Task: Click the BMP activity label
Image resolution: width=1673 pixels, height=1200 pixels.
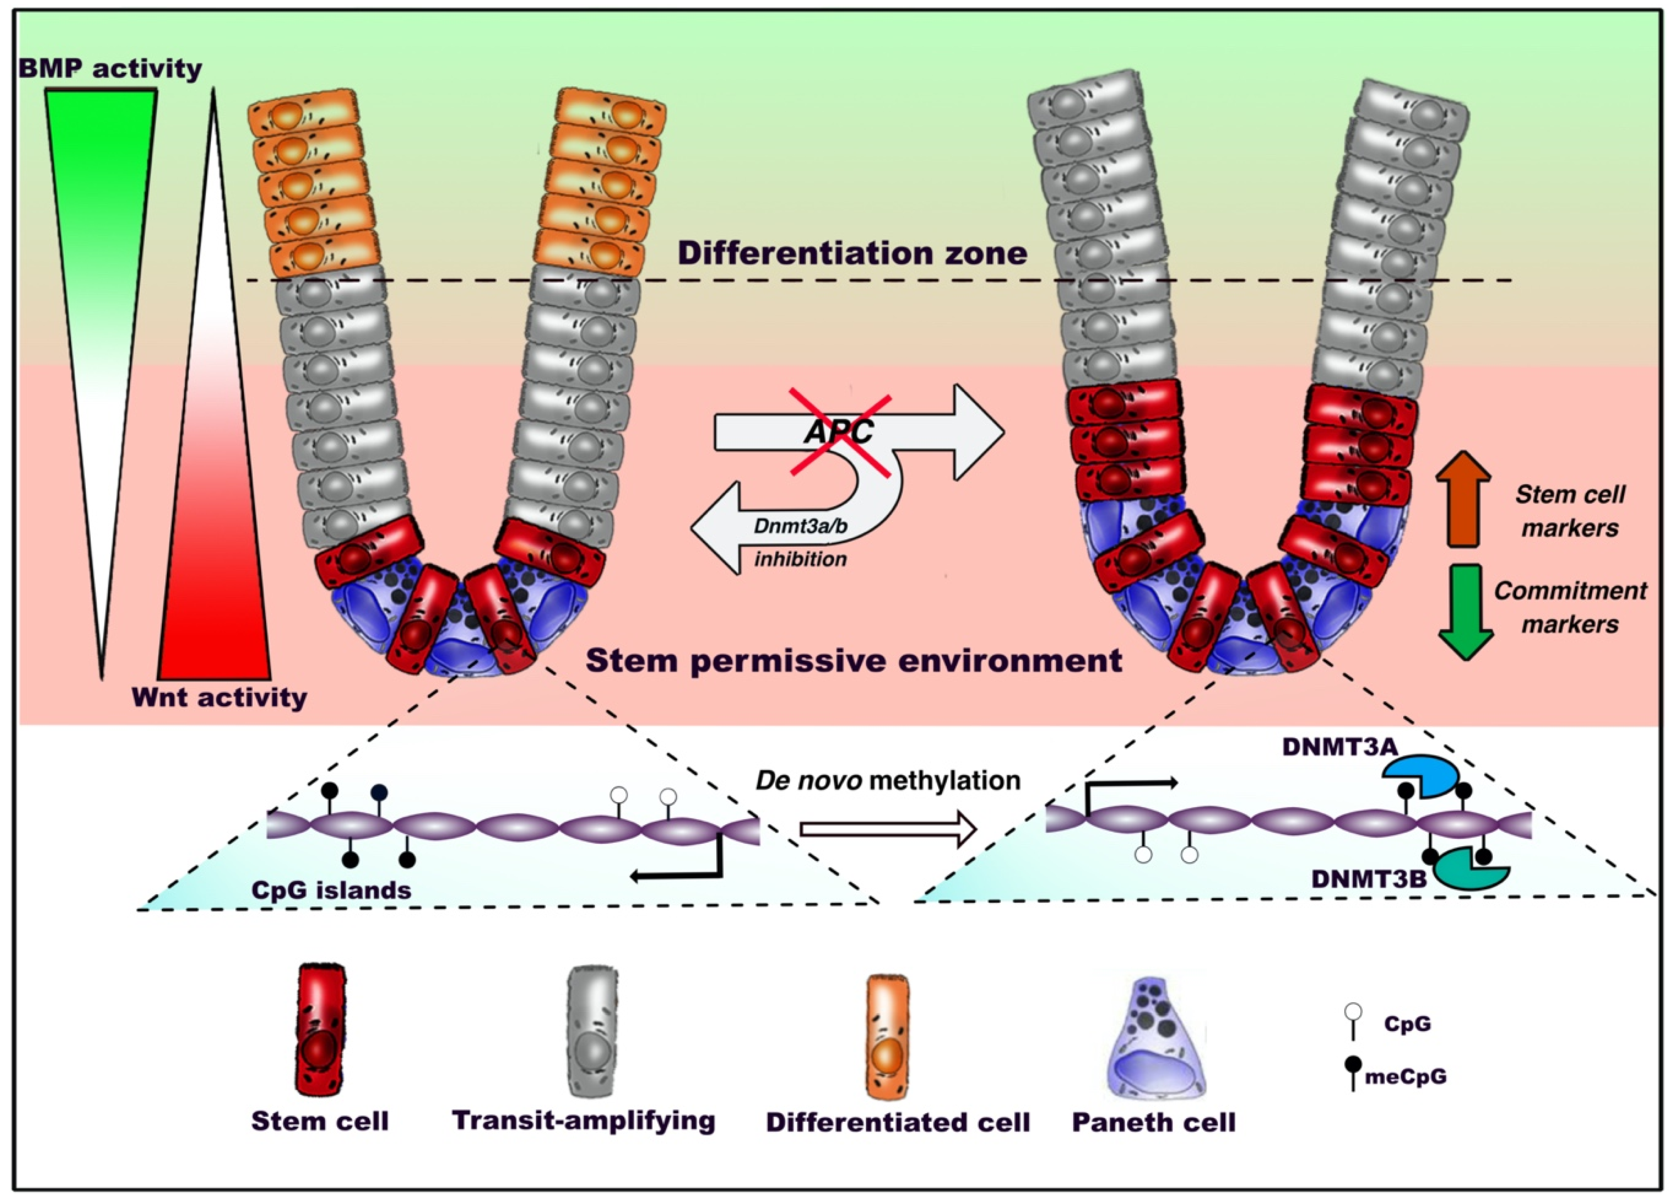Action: (x=109, y=69)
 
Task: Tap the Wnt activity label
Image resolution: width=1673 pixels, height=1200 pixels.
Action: (x=219, y=697)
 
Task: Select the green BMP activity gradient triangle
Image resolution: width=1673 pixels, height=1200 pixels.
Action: (x=101, y=221)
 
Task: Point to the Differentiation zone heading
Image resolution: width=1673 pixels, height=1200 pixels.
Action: (x=852, y=253)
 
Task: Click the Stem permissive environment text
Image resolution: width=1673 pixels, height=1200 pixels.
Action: (x=853, y=660)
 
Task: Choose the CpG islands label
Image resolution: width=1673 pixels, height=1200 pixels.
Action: (x=331, y=889)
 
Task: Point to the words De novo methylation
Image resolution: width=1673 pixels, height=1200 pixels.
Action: (x=888, y=781)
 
